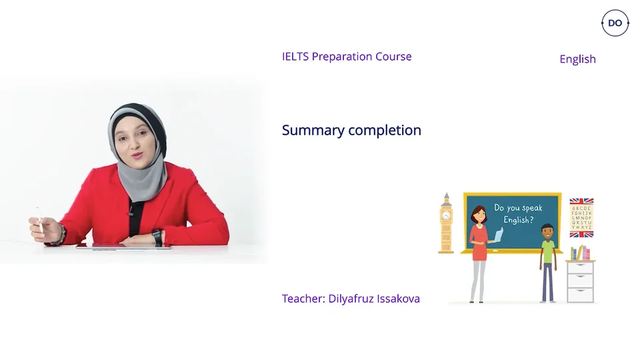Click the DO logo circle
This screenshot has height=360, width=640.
[x=615, y=23]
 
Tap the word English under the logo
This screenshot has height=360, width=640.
[x=577, y=59]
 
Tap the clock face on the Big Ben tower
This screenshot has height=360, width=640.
[x=445, y=215]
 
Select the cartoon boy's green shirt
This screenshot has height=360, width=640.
[x=547, y=252]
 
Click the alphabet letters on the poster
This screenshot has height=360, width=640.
[x=581, y=217]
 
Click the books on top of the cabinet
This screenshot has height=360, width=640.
[x=581, y=253]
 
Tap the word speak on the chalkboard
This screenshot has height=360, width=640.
[x=531, y=208]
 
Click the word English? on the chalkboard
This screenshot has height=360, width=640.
[x=518, y=220]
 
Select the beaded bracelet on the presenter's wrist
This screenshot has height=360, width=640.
[x=62, y=233]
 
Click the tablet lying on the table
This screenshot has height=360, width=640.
[x=123, y=246]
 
